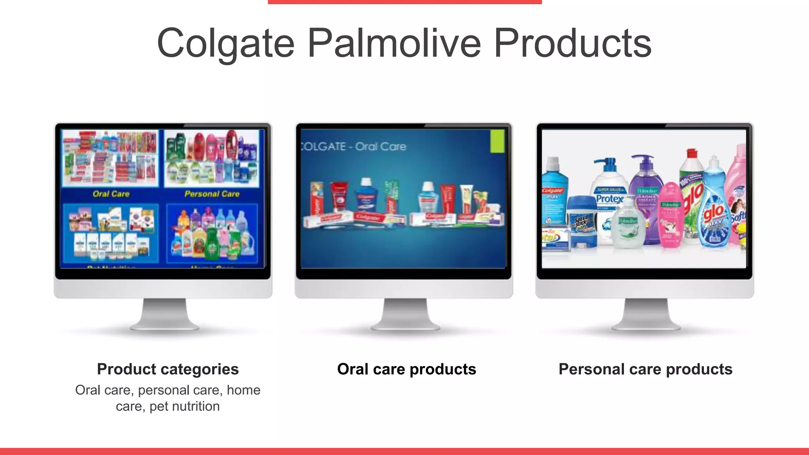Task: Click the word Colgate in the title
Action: point(226,43)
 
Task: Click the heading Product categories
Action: point(168,369)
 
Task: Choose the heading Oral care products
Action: point(406,369)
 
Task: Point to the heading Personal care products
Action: point(645,369)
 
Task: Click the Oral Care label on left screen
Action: point(111,194)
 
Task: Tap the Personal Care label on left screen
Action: point(212,194)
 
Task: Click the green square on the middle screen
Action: point(497,141)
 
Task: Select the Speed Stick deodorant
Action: point(581,223)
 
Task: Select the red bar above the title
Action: point(404,2)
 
